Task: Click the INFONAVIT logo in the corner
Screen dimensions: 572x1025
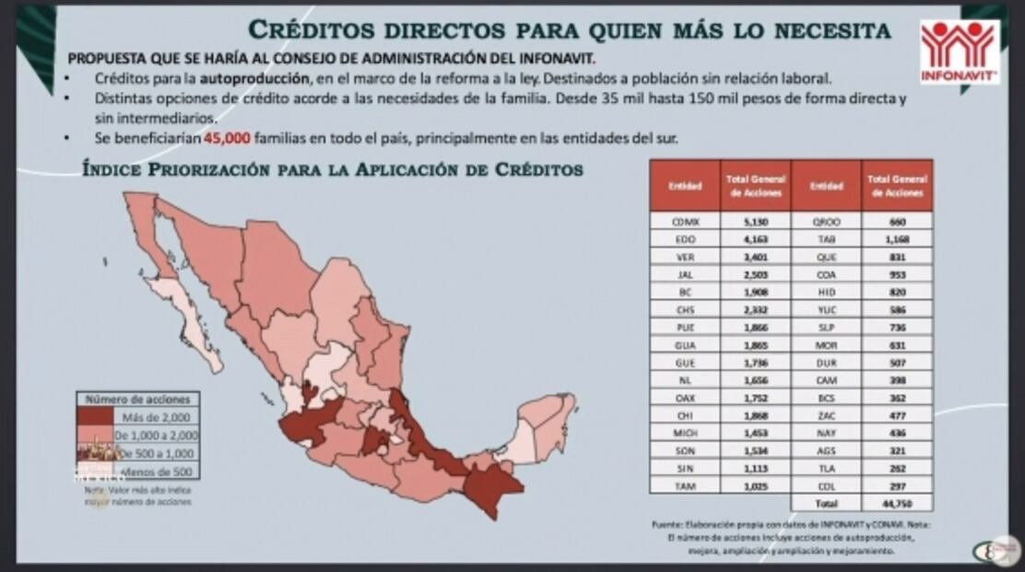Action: pos(959,52)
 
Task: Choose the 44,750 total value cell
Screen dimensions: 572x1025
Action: pos(898,503)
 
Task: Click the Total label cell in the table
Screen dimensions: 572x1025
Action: pos(826,503)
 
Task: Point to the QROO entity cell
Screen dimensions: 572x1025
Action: pos(826,221)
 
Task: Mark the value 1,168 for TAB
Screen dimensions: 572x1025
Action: pos(898,239)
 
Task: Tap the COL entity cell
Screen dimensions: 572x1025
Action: pos(826,485)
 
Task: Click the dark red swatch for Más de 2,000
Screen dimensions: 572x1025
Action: pos(94,416)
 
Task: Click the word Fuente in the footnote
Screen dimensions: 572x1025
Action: pos(666,523)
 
